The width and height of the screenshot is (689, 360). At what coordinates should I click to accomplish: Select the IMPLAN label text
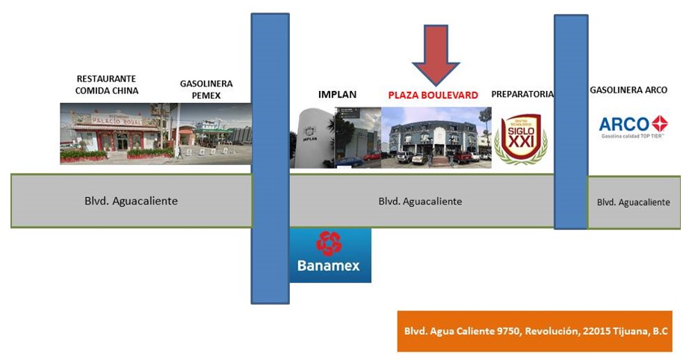338,94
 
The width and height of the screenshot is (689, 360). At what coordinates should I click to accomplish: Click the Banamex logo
330,255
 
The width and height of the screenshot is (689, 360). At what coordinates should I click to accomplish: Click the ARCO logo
633,126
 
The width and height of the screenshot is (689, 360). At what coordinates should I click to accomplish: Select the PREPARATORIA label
522,94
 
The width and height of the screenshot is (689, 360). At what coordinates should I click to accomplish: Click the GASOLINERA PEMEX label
206,90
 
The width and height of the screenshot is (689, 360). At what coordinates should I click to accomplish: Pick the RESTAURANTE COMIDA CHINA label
107,84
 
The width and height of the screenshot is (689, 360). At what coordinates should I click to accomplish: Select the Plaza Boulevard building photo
436,137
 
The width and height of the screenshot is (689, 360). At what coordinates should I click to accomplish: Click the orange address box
534,331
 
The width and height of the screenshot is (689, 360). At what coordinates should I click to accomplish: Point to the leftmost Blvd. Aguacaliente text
131,201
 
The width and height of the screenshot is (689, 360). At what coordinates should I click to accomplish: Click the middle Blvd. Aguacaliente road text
420,201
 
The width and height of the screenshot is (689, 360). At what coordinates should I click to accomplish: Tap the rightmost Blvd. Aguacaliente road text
634,202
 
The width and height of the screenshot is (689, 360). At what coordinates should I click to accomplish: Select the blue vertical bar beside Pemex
270,158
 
